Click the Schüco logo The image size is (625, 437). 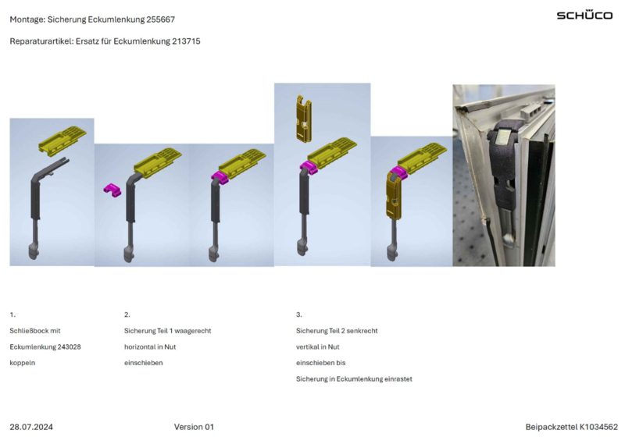click(584, 15)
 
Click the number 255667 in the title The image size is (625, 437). click(161, 20)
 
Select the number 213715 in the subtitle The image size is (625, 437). click(186, 41)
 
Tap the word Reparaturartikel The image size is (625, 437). click(41, 41)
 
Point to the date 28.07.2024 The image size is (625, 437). click(31, 427)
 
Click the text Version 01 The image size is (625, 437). click(194, 427)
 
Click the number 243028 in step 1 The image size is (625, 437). click(69, 347)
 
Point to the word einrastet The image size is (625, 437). click(398, 379)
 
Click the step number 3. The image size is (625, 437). click(299, 314)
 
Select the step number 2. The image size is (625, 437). click(127, 314)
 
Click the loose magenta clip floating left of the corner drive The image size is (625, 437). click(112, 190)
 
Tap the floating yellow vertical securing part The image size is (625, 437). click(304, 118)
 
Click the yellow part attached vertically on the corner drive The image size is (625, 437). click(394, 196)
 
